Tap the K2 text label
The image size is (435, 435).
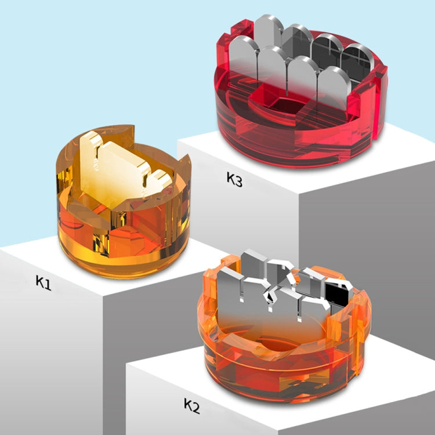(191, 405)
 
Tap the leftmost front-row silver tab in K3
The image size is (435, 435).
(242, 58)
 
